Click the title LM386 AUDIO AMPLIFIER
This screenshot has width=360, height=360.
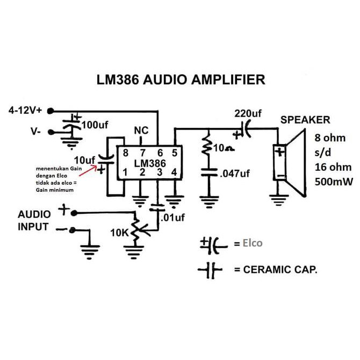(x=181, y=80)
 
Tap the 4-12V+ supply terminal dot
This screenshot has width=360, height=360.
(x=51, y=111)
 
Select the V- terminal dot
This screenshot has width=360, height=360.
(x=51, y=132)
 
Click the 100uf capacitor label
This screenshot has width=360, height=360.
(x=95, y=125)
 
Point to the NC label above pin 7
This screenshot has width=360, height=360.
(x=141, y=131)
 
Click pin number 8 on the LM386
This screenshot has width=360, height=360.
(x=125, y=153)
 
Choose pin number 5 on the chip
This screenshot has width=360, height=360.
(x=175, y=153)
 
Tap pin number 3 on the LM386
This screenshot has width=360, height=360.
(x=160, y=172)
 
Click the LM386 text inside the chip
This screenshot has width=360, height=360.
(x=150, y=163)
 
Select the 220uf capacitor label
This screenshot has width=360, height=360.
(x=248, y=113)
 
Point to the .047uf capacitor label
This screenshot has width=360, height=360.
(x=235, y=174)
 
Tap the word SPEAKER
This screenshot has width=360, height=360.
(x=305, y=120)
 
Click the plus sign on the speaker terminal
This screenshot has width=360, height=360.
(x=280, y=152)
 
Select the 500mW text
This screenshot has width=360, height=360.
(x=334, y=182)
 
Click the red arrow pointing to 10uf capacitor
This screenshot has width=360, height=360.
(x=89, y=170)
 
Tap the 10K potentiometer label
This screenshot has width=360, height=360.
(x=119, y=233)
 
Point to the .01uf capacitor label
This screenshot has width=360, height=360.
(x=172, y=218)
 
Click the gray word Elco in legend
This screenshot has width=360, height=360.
(x=253, y=243)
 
